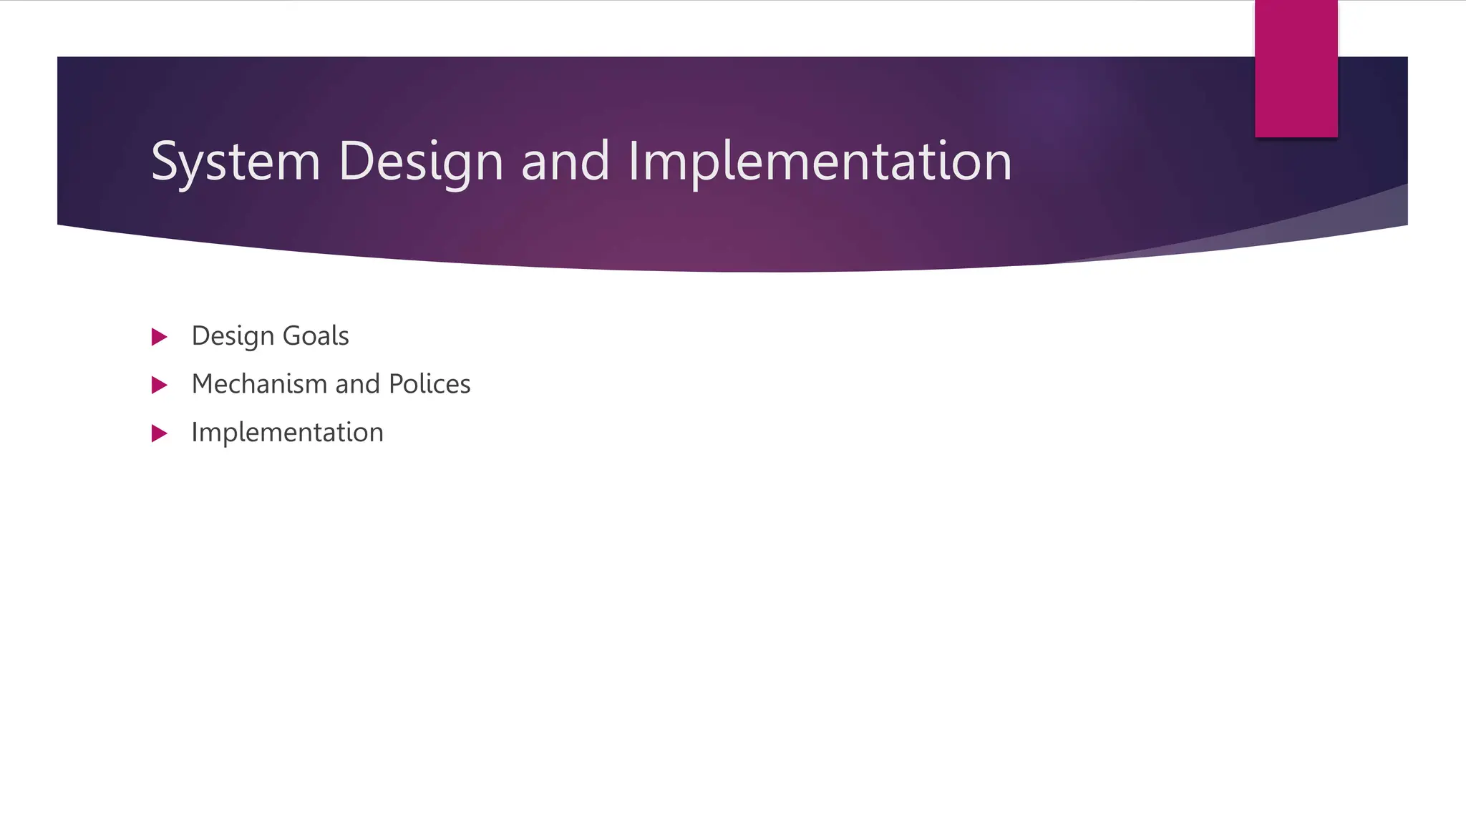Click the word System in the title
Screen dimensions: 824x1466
[236, 162]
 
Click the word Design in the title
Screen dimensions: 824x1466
[421, 162]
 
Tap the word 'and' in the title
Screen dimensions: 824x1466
[565, 162]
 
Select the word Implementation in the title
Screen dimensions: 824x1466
[820, 162]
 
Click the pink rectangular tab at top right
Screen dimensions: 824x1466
[1296, 69]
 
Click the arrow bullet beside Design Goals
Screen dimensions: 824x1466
[159, 337]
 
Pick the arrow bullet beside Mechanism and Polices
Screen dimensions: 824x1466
[159, 386]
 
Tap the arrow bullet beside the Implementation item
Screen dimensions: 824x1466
[159, 433]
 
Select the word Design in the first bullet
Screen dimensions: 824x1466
[233, 336]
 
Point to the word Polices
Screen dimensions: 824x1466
[429, 384]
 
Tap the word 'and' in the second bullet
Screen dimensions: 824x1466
[357, 384]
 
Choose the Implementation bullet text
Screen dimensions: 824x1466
[287, 433]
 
